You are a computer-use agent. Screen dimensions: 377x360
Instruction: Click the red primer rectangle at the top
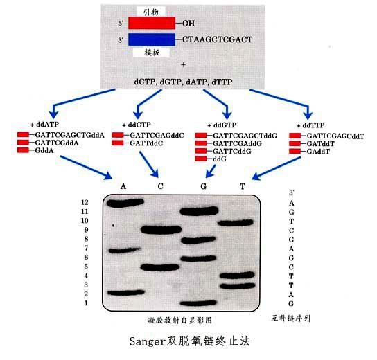click(152, 23)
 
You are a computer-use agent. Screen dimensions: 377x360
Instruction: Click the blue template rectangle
click(152, 39)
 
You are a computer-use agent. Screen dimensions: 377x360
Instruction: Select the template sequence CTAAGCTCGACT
click(218, 39)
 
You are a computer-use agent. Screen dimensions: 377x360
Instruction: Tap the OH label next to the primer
click(188, 24)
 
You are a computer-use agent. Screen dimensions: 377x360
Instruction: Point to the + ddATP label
click(44, 125)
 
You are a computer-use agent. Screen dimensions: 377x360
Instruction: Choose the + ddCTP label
click(137, 125)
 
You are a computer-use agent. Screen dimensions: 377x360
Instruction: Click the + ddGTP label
click(222, 125)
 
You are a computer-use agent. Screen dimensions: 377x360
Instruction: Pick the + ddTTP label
click(310, 125)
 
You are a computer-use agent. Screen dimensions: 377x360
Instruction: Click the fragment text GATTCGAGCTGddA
click(70, 135)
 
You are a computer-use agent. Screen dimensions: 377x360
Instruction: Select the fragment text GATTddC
click(146, 143)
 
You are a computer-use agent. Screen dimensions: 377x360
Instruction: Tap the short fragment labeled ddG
click(220, 159)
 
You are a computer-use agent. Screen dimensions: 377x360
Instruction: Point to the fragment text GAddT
click(318, 152)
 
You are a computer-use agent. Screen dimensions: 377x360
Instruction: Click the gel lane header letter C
click(160, 186)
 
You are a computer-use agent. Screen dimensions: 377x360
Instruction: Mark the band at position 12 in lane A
click(125, 203)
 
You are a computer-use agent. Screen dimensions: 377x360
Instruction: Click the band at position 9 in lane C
click(161, 230)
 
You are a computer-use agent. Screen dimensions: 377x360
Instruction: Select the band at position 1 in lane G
click(198, 303)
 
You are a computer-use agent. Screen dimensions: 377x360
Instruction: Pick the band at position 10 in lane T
click(236, 223)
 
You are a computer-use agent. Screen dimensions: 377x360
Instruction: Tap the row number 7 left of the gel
click(86, 248)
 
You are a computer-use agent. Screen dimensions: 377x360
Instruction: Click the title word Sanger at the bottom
click(147, 342)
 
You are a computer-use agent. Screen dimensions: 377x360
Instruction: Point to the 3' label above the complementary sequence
click(291, 192)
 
